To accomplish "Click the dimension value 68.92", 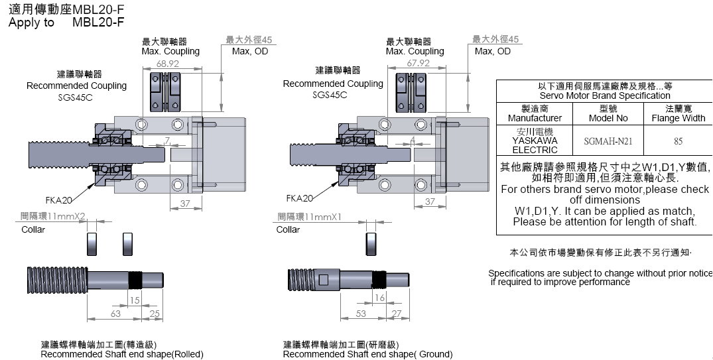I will (168, 64).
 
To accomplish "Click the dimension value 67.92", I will (418, 63).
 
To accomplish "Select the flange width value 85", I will (678, 141).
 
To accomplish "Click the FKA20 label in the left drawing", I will (59, 199).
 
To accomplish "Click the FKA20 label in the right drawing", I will (300, 198).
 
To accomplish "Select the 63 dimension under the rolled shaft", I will (115, 313).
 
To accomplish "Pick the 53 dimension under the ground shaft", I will (361, 313).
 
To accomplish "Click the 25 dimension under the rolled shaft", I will (155, 313).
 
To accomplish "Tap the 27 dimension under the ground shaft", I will (397, 313).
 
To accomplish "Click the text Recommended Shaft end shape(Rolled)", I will (122, 354).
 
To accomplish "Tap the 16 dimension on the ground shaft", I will (379, 298).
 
